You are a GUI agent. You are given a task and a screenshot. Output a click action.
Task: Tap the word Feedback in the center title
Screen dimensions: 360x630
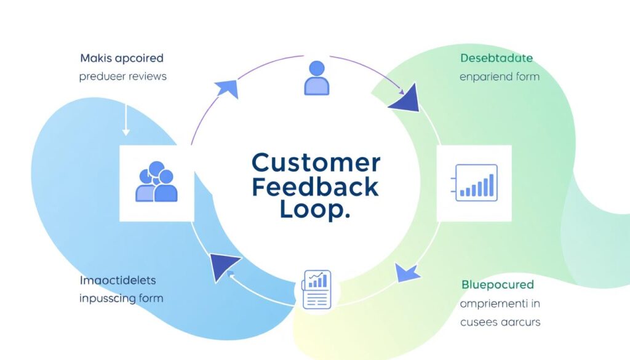click(x=316, y=186)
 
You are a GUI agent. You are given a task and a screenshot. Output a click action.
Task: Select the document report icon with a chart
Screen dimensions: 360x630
click(x=316, y=289)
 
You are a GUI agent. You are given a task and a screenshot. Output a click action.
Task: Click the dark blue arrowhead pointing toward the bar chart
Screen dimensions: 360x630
click(x=405, y=99)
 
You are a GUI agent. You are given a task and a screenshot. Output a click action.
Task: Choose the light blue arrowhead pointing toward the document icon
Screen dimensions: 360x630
click(x=406, y=271)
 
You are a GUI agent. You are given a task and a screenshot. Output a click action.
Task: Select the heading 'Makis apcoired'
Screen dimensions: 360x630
click(x=122, y=58)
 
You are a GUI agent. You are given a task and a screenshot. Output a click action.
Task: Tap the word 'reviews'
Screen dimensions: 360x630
click(x=146, y=77)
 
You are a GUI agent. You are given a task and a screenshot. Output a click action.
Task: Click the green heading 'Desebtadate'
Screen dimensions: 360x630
click(x=496, y=58)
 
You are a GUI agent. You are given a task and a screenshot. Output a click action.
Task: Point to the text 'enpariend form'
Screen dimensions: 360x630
click(x=500, y=77)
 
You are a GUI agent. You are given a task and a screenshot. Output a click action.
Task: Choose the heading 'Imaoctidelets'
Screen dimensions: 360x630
click(x=118, y=281)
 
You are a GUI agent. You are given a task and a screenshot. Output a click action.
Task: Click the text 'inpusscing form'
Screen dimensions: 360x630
click(x=121, y=298)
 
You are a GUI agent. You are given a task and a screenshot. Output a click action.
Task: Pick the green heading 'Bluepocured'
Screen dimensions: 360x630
click(x=498, y=285)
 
